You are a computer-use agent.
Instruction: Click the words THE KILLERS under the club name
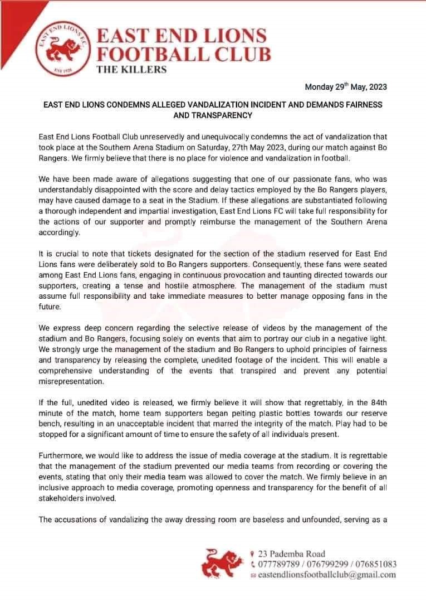[131, 70]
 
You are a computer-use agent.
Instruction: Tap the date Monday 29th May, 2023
[346, 87]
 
